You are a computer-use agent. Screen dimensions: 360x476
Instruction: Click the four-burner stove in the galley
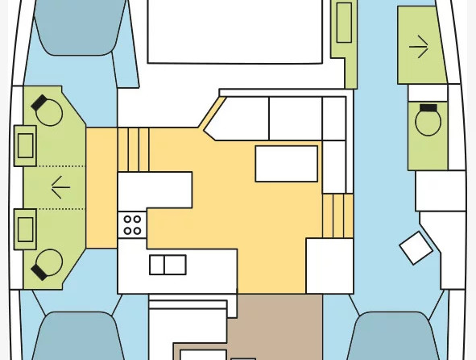133,224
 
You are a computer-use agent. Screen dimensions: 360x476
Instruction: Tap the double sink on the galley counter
168,265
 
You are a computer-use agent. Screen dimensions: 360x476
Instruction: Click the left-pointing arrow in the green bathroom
60,188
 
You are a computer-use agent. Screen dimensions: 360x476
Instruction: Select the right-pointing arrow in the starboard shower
419,48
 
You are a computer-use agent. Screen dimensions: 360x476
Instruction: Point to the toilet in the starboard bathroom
428,122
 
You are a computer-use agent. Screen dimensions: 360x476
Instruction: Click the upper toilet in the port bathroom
49,111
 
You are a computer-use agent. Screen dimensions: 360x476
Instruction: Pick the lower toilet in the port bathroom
48,264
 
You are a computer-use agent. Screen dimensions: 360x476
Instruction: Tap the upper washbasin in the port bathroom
25,145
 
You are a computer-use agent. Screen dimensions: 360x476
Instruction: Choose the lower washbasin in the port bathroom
25,228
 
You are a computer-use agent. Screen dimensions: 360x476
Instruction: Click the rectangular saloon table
286,163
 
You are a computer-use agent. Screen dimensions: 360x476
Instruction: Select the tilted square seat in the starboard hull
416,248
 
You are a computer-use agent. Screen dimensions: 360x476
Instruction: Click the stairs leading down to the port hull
134,149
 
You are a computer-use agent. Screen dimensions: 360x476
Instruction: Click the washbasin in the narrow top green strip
344,23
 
